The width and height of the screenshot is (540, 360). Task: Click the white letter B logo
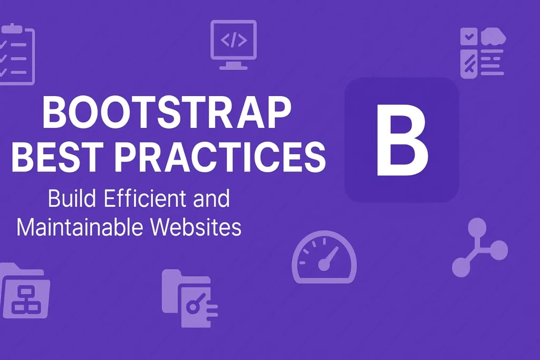coord(401,140)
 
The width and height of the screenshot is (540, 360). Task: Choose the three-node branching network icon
coord(478,248)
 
